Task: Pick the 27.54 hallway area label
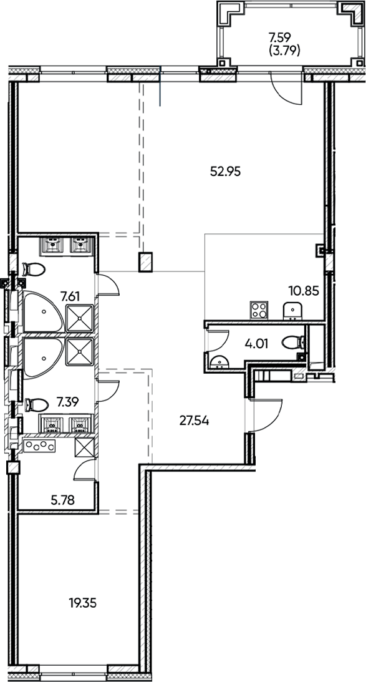[193, 421]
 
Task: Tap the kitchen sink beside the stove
[292, 310]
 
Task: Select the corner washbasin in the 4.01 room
[218, 361]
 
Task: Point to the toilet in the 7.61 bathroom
[34, 270]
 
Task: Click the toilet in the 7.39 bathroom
[34, 403]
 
